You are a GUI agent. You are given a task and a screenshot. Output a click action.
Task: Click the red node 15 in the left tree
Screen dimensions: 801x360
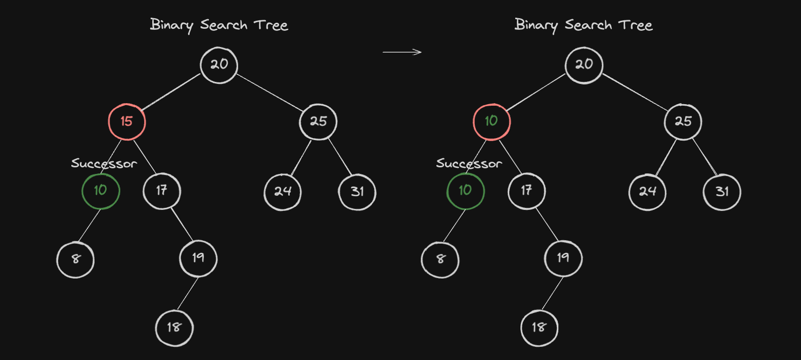pos(127,121)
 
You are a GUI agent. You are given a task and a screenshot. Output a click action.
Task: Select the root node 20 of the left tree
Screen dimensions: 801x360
pos(219,65)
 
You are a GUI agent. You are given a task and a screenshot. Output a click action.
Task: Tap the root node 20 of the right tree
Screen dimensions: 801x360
pos(584,65)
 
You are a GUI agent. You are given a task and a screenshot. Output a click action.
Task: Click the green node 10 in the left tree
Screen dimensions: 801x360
pos(101,191)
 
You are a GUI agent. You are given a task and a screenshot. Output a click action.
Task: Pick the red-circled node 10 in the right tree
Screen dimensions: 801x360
pos(492,121)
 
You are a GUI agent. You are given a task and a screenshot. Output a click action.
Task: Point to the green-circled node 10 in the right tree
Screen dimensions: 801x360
pos(466,191)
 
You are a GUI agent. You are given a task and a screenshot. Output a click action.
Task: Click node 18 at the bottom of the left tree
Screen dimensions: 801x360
pos(174,328)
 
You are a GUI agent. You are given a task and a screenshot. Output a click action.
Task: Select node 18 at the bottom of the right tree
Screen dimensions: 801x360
pos(539,328)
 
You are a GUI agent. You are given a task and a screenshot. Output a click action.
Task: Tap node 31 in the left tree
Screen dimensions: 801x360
pos(357,192)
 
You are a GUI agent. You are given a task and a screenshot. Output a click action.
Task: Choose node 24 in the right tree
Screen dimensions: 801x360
pos(648,192)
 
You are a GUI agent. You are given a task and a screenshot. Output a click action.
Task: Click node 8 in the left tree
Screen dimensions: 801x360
pos(75,259)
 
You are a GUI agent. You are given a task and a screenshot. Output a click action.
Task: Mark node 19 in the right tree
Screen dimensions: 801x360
pos(563,258)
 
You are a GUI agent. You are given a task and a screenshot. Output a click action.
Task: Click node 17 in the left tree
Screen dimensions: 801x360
pos(162,191)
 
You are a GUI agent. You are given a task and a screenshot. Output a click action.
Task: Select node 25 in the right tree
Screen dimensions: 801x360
pos(683,121)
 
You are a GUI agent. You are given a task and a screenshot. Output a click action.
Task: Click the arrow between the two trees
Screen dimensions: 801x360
pos(403,52)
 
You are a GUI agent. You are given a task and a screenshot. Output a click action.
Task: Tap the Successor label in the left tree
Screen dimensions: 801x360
pos(104,163)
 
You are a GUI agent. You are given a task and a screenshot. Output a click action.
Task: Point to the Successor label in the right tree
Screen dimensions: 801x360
pos(469,163)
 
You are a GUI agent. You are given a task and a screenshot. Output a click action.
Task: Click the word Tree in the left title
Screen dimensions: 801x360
pos(271,25)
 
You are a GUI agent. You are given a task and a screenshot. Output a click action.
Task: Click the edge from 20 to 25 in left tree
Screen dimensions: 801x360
pos(270,92)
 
